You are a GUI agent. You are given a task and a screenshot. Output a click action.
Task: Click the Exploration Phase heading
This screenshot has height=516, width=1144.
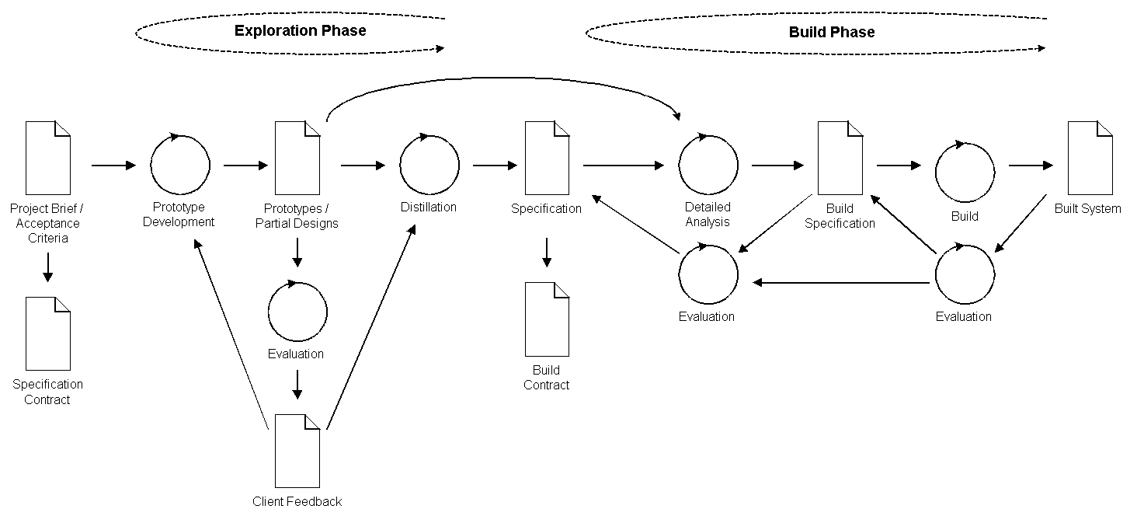(x=300, y=31)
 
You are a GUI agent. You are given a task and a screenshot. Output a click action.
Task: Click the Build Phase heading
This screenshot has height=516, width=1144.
(x=831, y=33)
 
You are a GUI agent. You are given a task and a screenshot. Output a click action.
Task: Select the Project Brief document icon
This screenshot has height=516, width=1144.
(x=48, y=158)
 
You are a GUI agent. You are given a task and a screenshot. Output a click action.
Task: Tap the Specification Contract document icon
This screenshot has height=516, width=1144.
(x=48, y=333)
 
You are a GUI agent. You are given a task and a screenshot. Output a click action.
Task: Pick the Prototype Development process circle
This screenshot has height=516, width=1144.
(x=180, y=166)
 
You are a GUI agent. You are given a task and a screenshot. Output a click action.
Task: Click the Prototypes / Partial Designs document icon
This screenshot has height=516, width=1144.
(x=297, y=158)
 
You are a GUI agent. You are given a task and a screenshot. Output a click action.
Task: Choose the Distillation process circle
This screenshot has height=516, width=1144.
(x=429, y=166)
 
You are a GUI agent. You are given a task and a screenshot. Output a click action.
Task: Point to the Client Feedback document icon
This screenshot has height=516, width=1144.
(x=297, y=451)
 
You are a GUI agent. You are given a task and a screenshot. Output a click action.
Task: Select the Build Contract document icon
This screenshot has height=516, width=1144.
(x=547, y=319)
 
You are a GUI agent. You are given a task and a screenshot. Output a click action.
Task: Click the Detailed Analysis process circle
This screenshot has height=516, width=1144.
(x=708, y=166)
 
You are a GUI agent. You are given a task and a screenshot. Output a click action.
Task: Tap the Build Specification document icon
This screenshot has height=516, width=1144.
(x=840, y=158)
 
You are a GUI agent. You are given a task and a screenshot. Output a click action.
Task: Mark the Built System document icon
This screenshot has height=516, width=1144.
(x=1090, y=158)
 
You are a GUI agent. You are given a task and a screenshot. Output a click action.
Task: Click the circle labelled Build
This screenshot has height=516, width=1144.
(x=965, y=173)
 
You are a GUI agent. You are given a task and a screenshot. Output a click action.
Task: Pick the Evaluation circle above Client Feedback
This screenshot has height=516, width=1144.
(x=297, y=312)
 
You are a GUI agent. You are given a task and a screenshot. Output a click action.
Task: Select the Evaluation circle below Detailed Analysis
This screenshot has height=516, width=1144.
(x=708, y=275)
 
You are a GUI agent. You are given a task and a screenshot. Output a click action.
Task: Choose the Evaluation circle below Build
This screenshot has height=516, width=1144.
(x=965, y=275)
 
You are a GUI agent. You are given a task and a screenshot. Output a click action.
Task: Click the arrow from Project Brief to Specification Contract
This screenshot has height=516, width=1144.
(x=48, y=267)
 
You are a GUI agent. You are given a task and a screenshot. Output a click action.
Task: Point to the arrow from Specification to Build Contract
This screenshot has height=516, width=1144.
(x=547, y=252)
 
